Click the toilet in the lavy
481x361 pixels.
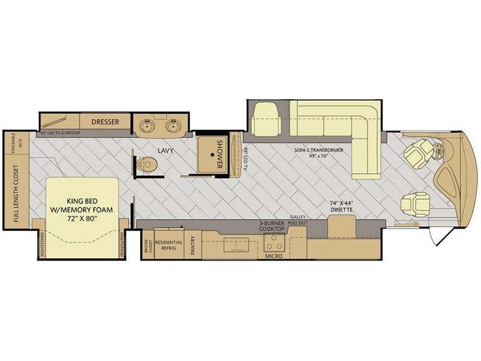pyautogui.click(x=147, y=163)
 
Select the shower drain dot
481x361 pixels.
pyautogui.click(x=213, y=155)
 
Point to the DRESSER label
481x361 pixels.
pyautogui.click(x=106, y=122)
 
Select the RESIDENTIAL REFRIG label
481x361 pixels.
pyautogui.click(x=168, y=246)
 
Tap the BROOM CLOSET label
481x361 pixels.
pyautogui.click(x=146, y=247)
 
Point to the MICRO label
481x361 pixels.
pyautogui.click(x=274, y=256)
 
